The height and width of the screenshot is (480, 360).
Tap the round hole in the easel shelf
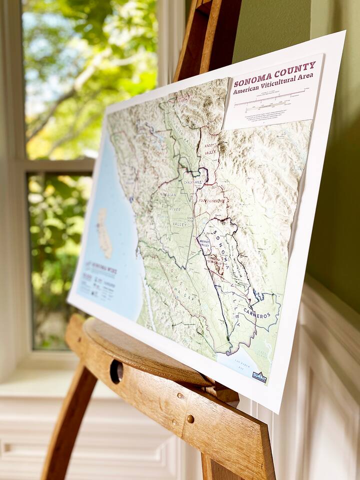[x=116, y=371]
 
